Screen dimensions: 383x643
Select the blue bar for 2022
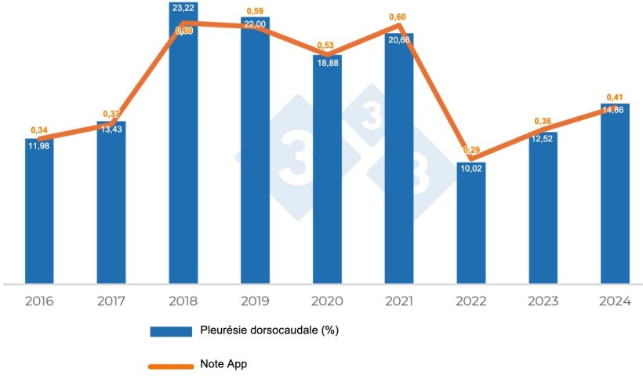point(470,224)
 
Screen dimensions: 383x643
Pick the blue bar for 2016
point(39,212)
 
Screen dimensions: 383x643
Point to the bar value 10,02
point(470,167)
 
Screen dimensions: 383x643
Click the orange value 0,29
point(470,150)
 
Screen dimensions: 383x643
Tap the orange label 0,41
point(615,97)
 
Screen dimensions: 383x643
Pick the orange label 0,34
point(39,129)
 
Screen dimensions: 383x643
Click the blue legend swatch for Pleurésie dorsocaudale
point(171,331)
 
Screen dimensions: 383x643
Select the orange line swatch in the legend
point(171,365)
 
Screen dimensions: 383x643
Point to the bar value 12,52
point(543,140)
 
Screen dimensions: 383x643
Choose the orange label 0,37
point(111,115)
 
